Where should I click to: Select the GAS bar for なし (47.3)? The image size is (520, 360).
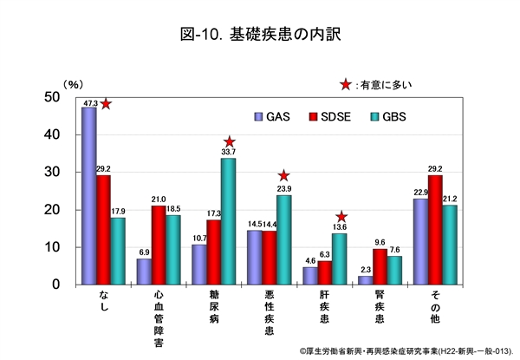(x=88, y=196)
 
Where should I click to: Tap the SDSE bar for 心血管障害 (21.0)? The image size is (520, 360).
(x=158, y=245)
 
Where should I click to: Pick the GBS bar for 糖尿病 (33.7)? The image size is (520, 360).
(x=227, y=221)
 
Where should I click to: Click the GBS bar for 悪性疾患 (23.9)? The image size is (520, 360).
(x=283, y=239)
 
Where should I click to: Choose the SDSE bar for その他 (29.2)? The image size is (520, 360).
(x=434, y=230)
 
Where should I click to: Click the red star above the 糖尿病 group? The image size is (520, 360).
(x=229, y=142)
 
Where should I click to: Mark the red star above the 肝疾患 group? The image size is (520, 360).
(x=341, y=217)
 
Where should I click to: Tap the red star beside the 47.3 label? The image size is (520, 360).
(x=107, y=104)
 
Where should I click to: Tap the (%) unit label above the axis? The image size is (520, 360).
(x=74, y=84)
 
